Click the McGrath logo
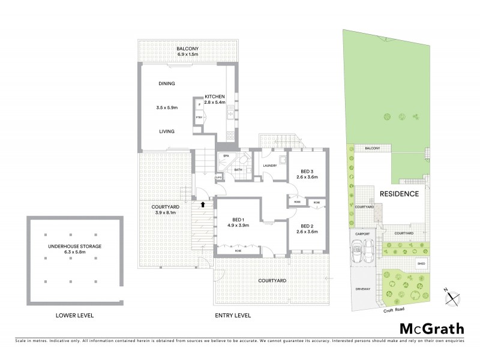pos(432,328)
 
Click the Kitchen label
pos(215,97)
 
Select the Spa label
pos(226,156)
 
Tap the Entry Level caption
pos(233,315)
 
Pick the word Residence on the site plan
pos(398,194)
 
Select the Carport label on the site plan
pos(362,233)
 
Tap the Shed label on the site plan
pos(422,262)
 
